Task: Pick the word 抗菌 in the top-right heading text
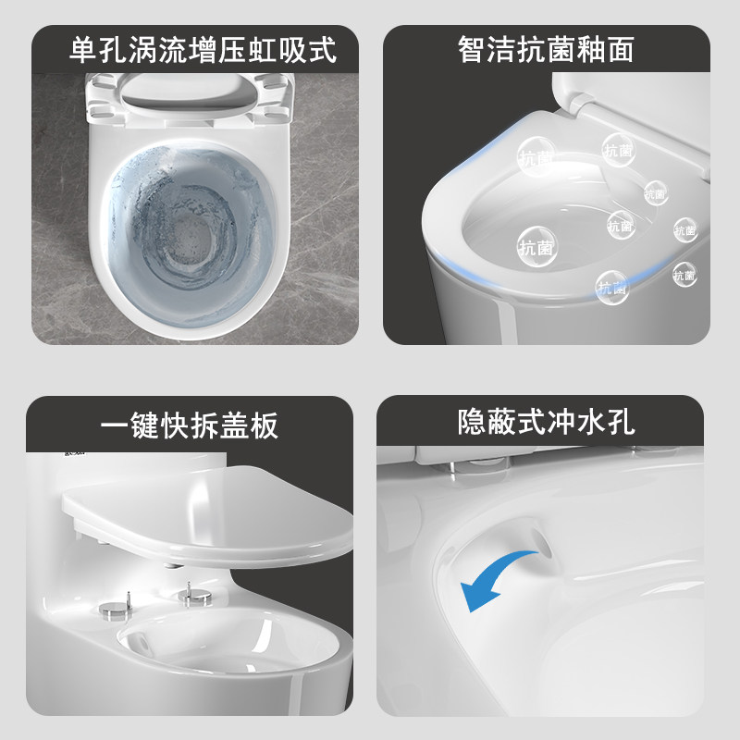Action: [546, 49]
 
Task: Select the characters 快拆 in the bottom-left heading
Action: [190, 425]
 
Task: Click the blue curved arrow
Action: [499, 578]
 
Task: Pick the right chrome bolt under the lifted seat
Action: [193, 597]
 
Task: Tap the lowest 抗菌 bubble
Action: [611, 288]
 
